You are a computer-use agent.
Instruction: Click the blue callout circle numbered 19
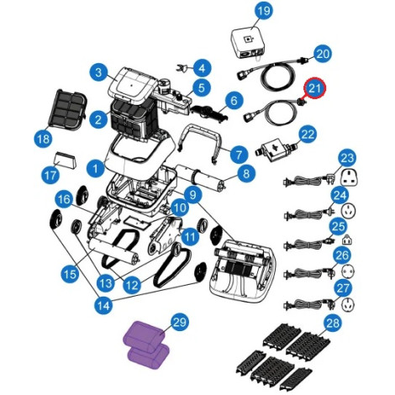[x=264, y=11]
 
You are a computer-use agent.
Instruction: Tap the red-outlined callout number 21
[x=314, y=88]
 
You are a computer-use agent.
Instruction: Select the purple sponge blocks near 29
[x=147, y=345]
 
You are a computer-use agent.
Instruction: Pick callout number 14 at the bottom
[x=103, y=305]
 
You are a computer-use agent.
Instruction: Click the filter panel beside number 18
[x=67, y=110]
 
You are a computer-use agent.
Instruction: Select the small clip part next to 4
[x=182, y=68]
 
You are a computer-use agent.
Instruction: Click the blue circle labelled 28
[x=333, y=324]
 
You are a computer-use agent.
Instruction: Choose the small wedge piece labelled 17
[x=67, y=160]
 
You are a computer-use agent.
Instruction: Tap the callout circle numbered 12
[x=133, y=285]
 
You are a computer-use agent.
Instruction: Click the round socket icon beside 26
[x=348, y=271]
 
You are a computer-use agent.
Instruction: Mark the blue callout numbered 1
[x=96, y=169]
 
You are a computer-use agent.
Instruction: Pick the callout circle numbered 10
[x=180, y=208]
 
